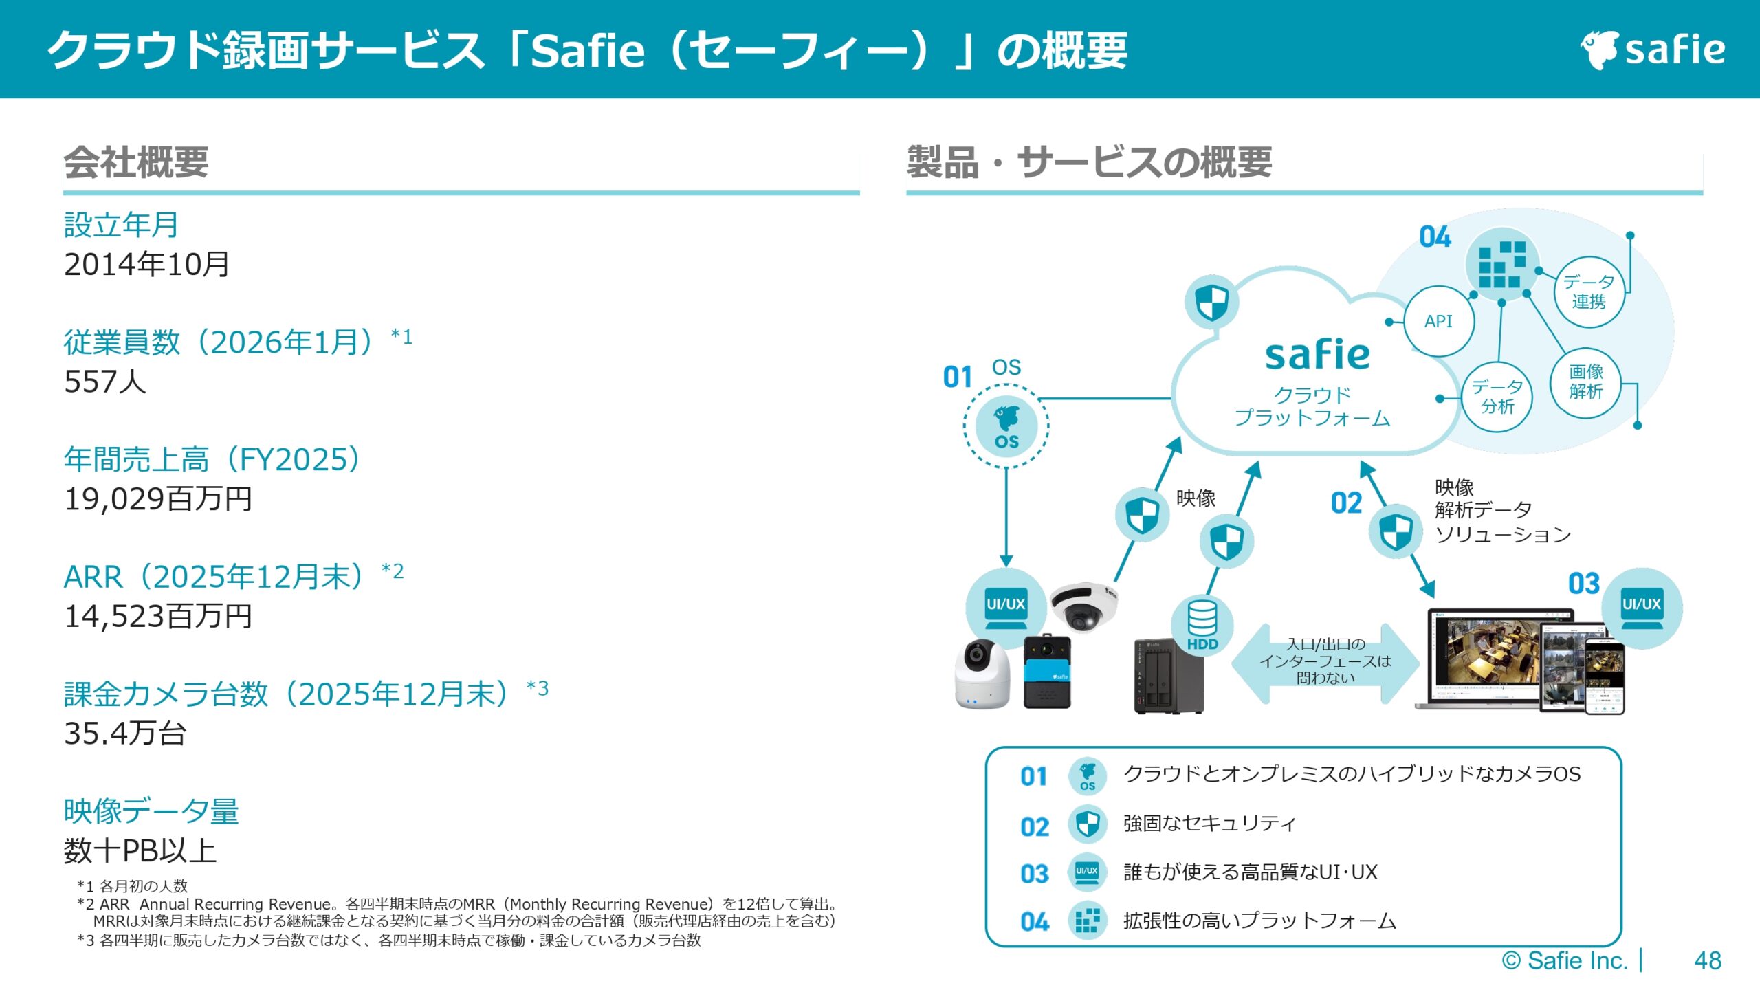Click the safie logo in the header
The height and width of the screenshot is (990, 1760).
tap(1653, 49)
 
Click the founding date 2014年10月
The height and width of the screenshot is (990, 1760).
tap(146, 265)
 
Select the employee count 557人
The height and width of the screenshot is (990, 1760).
tap(105, 382)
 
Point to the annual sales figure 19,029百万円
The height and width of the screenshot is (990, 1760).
tap(158, 499)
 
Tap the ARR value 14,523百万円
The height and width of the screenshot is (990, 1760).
tap(158, 617)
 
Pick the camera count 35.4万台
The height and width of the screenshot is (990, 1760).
tap(125, 734)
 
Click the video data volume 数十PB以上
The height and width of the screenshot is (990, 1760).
tap(140, 851)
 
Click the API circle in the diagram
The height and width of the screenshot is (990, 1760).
tap(1438, 321)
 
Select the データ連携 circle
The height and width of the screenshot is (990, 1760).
tap(1589, 292)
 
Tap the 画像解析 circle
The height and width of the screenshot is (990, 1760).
tap(1585, 382)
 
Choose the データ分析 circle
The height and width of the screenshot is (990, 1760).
tap(1497, 397)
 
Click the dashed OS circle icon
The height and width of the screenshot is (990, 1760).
tap(1006, 426)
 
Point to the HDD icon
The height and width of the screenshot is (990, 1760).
tap(1202, 624)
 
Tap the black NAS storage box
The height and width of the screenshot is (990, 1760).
tap(1167, 677)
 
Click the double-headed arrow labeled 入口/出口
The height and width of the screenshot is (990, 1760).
tap(1325, 662)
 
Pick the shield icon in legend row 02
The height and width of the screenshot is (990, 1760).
tap(1087, 824)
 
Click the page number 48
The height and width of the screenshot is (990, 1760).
tap(1708, 960)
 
